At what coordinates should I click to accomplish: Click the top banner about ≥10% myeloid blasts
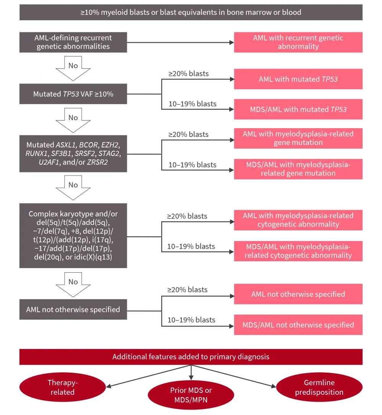(x=191, y=12)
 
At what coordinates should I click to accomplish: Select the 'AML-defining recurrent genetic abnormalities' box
(x=73, y=42)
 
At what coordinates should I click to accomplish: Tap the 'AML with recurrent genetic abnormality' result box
(x=298, y=42)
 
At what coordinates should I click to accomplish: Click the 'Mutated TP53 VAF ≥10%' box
(x=73, y=93)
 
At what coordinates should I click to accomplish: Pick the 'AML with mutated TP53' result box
(x=298, y=79)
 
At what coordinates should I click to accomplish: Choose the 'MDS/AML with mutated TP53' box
(x=298, y=109)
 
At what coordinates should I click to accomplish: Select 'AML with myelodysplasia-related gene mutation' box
(x=298, y=138)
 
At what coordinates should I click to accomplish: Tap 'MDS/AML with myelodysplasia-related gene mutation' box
(x=298, y=169)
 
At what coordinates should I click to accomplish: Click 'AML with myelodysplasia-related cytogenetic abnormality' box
(x=298, y=220)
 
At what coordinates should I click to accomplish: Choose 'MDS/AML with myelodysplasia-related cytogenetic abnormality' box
(x=298, y=251)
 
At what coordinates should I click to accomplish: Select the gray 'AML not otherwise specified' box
(x=73, y=309)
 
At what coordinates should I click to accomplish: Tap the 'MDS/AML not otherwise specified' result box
(x=298, y=325)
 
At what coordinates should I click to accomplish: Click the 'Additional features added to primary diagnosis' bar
(x=191, y=357)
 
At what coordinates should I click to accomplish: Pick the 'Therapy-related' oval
(x=61, y=387)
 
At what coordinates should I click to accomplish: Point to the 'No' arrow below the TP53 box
(x=73, y=119)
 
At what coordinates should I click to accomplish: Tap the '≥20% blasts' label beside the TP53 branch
(x=188, y=74)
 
